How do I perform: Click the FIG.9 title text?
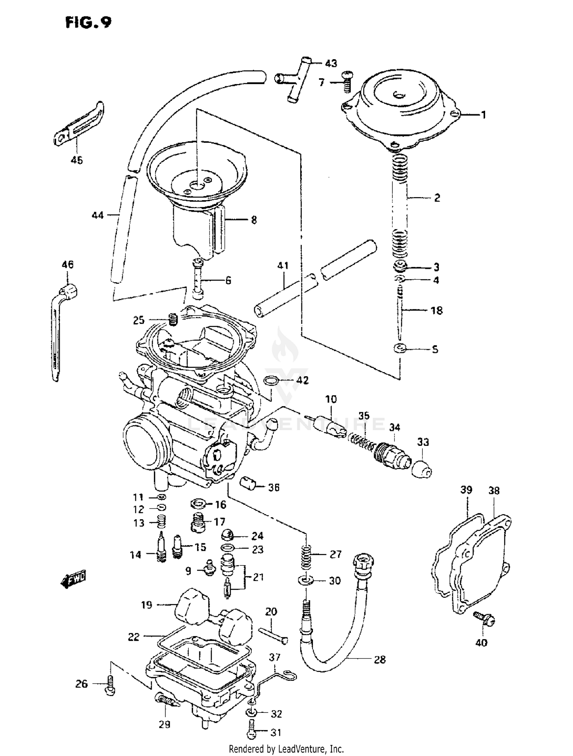tap(88, 23)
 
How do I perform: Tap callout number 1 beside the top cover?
tap(483, 115)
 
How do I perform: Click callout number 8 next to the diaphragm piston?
tap(254, 220)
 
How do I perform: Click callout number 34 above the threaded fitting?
tap(395, 427)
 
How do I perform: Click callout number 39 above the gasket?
tap(466, 490)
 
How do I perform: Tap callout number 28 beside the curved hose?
tap(379, 660)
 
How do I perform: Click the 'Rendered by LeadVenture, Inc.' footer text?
tap(286, 749)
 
